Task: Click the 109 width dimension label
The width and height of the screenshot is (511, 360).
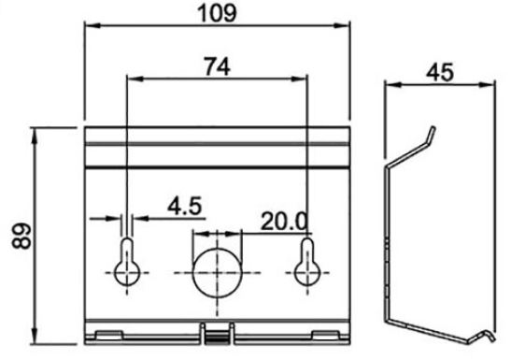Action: point(217,14)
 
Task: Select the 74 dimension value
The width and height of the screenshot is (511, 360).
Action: point(217,66)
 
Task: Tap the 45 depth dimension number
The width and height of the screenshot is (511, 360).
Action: point(440,72)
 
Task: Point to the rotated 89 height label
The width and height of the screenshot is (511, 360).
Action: point(21,236)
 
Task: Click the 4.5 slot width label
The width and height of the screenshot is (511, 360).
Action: point(185,206)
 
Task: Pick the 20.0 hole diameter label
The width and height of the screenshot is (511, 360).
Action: point(284,222)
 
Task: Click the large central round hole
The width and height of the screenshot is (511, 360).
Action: point(217,273)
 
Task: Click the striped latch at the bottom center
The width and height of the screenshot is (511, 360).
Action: point(217,338)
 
